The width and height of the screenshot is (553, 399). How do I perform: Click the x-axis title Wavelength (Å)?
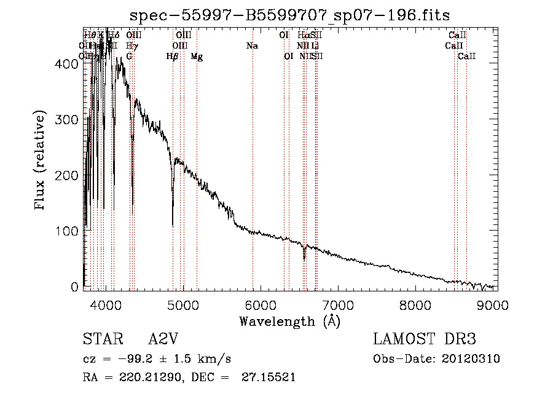pyautogui.click(x=289, y=321)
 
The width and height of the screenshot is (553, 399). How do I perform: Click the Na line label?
pyautogui.click(x=252, y=46)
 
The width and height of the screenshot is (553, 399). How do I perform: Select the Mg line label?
pyautogui.click(x=197, y=57)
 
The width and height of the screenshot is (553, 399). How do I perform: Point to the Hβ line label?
pyautogui.click(x=173, y=57)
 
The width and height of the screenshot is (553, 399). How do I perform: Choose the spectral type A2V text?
pyautogui.click(x=164, y=339)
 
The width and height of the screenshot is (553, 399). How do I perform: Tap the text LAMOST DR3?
pyautogui.click(x=425, y=339)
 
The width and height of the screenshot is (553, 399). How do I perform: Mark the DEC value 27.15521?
pyautogui.click(x=270, y=377)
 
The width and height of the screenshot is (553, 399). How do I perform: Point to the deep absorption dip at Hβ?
pyautogui.click(x=173, y=224)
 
